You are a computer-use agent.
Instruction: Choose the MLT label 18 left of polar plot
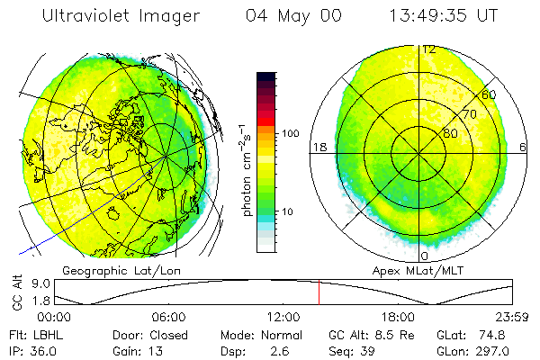(319, 148)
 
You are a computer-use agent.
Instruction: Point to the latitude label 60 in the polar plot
(489, 94)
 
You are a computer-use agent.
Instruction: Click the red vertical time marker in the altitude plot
(319, 292)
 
